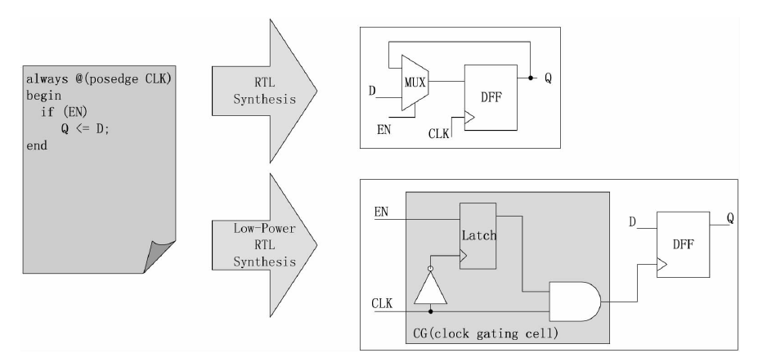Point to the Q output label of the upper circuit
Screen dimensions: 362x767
tap(549, 78)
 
